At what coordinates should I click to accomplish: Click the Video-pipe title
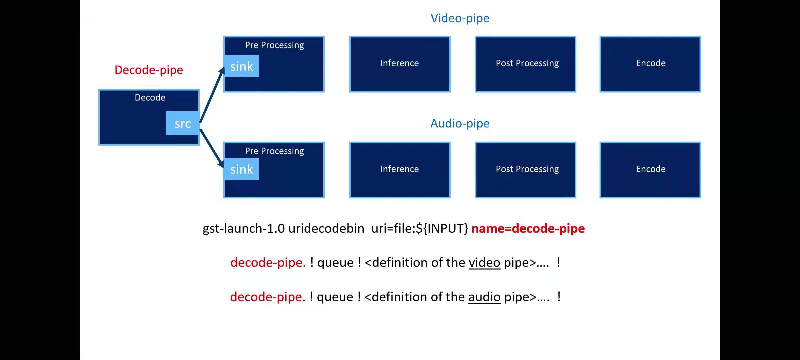pyautogui.click(x=460, y=18)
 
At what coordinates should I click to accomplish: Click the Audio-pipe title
pyautogui.click(x=460, y=124)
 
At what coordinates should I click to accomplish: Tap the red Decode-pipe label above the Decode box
pyautogui.click(x=149, y=70)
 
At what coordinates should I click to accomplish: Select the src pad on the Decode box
pyautogui.click(x=182, y=124)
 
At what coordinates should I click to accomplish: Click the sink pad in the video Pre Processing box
pyautogui.click(x=242, y=66)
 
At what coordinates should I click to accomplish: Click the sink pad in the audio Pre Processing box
pyautogui.click(x=242, y=169)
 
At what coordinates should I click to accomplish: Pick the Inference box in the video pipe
pyautogui.click(x=400, y=64)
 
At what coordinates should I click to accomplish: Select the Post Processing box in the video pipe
pyautogui.click(x=525, y=64)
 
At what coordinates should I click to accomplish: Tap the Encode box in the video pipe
pyautogui.click(x=650, y=64)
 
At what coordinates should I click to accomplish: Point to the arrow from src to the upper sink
pyautogui.click(x=212, y=95)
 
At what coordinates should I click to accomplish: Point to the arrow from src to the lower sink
pyautogui.click(x=212, y=147)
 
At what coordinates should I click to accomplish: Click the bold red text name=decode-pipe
pyautogui.click(x=528, y=229)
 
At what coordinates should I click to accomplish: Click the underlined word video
pyautogui.click(x=484, y=263)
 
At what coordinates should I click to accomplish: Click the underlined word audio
pyautogui.click(x=484, y=297)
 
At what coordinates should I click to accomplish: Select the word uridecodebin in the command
pyautogui.click(x=326, y=229)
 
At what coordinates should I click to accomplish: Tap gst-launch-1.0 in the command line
pyautogui.click(x=244, y=229)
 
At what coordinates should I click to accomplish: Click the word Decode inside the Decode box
pyautogui.click(x=150, y=98)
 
